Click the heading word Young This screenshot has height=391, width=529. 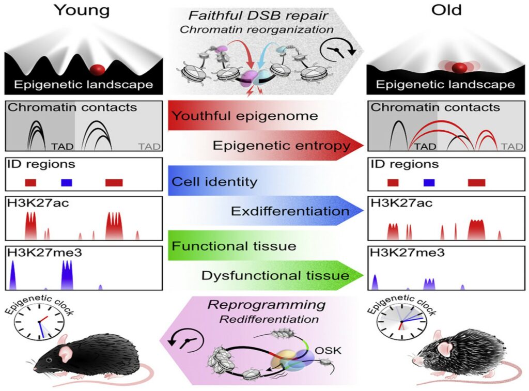coord(82,11)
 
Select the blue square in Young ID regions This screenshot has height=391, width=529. coord(67,182)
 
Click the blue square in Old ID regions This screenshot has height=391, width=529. coord(429,182)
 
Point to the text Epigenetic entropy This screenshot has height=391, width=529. coord(282,146)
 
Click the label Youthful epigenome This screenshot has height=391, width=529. coord(244,116)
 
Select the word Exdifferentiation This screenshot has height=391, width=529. coord(290,211)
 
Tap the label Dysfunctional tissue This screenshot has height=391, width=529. coord(275,275)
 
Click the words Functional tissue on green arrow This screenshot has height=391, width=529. coord(234,246)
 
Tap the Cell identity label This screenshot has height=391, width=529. coord(214,182)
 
